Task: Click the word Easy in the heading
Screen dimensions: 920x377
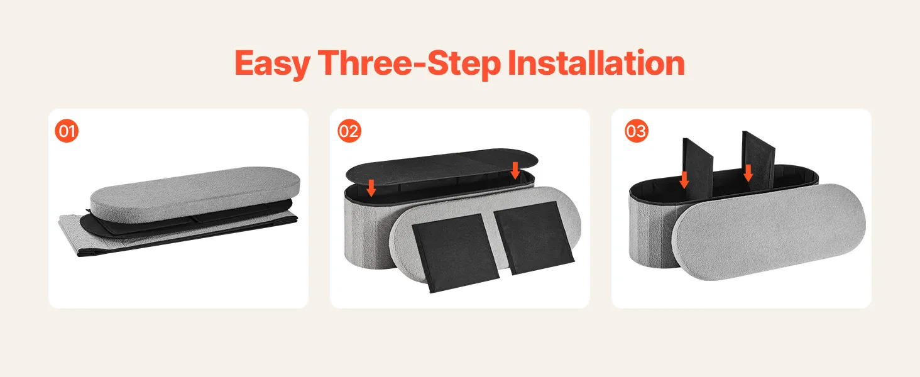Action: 272,64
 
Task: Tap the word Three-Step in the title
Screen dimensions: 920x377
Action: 410,64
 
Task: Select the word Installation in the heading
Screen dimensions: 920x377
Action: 596,63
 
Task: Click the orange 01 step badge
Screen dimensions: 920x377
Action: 67,131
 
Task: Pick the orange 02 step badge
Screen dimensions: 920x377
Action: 349,131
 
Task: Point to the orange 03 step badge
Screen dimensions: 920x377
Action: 636,131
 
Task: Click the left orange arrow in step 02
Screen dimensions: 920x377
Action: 371,188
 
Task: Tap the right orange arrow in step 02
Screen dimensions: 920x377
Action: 515,170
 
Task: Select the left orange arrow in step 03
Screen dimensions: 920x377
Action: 684,180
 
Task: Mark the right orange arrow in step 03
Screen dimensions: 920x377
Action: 748,173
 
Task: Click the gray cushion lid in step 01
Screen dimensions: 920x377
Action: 195,193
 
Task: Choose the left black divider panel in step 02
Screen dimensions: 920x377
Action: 455,252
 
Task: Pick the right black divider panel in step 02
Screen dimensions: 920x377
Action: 534,238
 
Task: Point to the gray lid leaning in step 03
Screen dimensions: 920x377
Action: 769,232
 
